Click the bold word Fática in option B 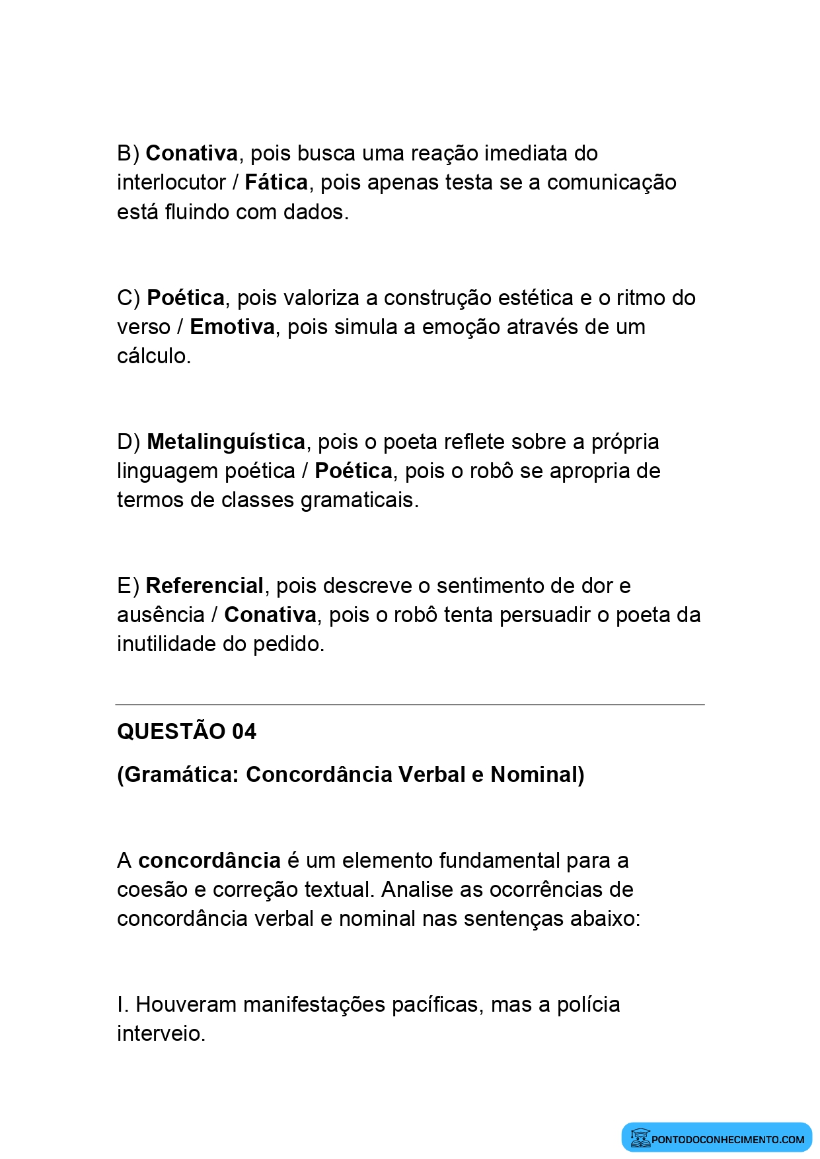(x=276, y=182)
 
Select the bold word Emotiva (x=232, y=327)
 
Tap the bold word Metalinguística (x=226, y=442)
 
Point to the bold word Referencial (x=204, y=586)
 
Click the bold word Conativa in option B (x=192, y=153)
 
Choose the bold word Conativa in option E (x=270, y=615)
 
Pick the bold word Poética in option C (x=186, y=298)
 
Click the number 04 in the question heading (x=244, y=732)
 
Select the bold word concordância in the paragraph (x=209, y=860)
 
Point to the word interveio (x=161, y=1034)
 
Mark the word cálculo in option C (x=153, y=356)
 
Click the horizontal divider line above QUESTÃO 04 (x=410, y=705)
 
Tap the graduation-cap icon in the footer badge (x=640, y=1138)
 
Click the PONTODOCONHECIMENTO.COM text (x=727, y=1139)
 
